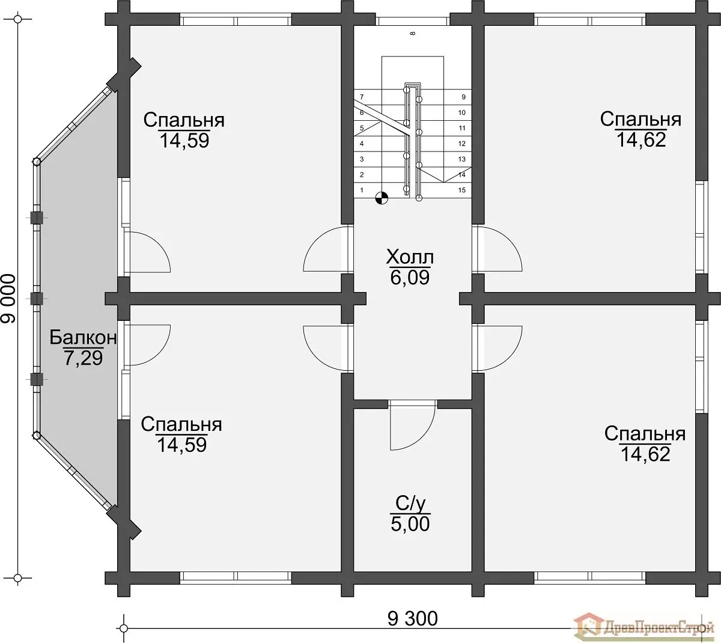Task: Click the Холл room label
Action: coord(410,257)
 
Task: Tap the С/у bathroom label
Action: coord(410,503)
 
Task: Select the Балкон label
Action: coord(83,337)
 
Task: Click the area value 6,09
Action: coord(410,278)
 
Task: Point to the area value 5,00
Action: coord(410,524)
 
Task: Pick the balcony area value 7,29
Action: coord(84,358)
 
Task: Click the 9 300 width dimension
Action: coord(412,618)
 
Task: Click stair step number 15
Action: coord(461,190)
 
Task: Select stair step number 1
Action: coord(362,190)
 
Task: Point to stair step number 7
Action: coord(362,97)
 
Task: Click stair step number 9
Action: coord(463,97)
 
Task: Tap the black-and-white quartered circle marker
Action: coord(382,198)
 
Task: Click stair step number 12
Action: coord(461,144)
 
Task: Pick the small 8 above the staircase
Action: coord(412,34)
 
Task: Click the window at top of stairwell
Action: coord(412,20)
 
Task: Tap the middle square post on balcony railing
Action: coord(36,298)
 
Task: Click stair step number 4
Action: coord(362,144)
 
